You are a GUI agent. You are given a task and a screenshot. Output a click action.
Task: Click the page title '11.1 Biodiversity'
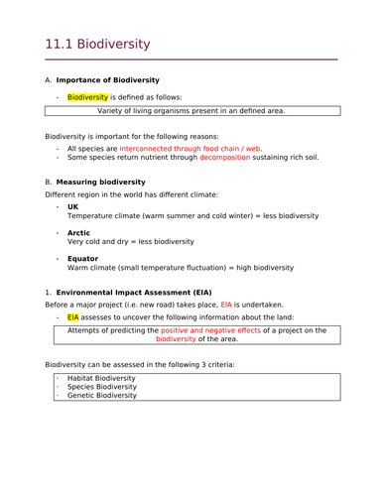[x=98, y=45]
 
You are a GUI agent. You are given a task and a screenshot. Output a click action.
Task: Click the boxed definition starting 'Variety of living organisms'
[x=191, y=111]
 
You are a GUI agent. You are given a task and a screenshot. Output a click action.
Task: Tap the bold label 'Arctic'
[x=78, y=232]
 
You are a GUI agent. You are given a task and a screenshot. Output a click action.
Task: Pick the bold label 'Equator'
[x=83, y=258]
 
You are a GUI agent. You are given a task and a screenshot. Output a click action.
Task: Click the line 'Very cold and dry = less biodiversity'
[x=130, y=242]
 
